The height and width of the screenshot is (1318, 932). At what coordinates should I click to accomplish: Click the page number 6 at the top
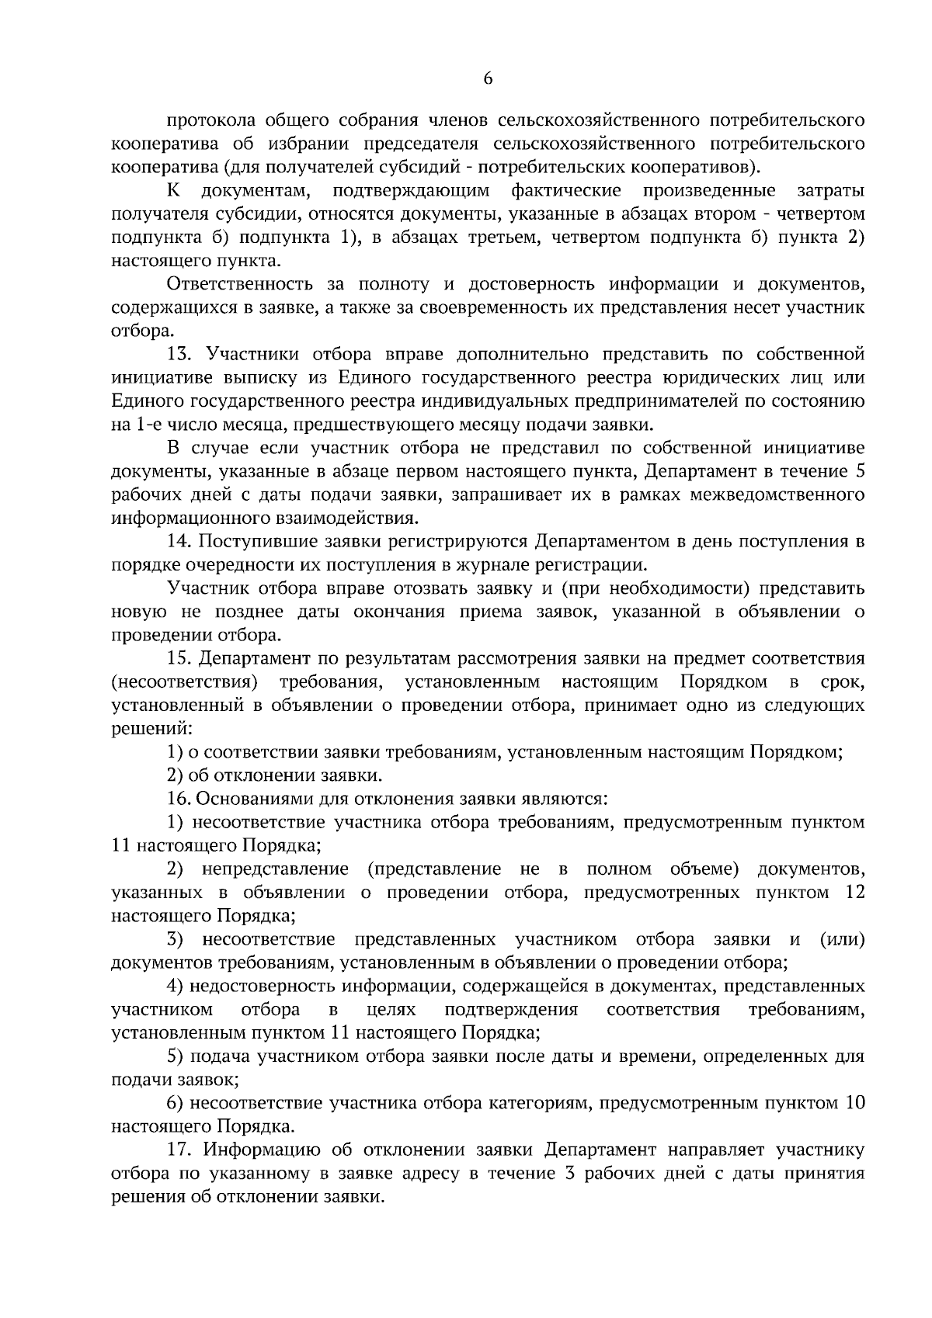[x=488, y=78]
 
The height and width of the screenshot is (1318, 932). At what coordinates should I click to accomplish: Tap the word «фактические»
[x=566, y=190]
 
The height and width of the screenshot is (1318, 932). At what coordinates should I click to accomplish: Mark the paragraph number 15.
[x=179, y=659]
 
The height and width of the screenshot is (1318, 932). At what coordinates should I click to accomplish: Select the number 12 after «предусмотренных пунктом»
[x=854, y=892]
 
